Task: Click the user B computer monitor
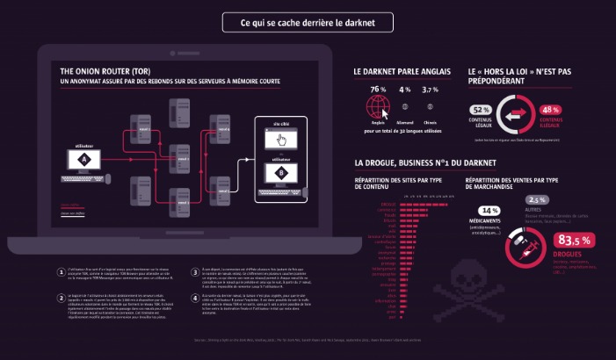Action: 281,173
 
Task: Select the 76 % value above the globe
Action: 378,90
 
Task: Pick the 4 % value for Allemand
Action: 405,90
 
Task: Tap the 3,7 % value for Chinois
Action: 431,90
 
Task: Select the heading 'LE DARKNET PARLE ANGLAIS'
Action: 402,70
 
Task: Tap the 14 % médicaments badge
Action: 489,211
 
